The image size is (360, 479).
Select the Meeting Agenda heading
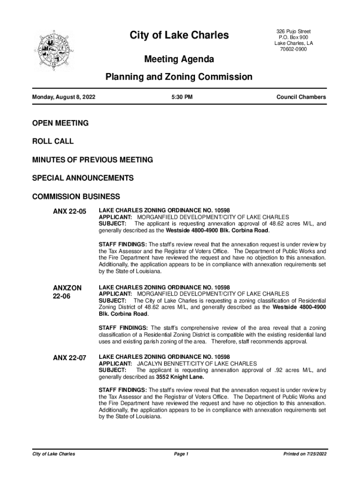point(179,59)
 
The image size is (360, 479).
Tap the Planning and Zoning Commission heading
point(179,77)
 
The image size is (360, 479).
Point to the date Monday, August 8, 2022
point(64,97)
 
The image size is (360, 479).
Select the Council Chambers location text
point(301,97)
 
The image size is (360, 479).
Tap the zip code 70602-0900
point(294,50)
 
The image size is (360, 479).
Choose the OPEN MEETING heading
point(60,123)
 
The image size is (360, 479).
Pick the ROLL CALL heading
point(53,141)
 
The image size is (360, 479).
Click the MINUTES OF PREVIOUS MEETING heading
point(93,160)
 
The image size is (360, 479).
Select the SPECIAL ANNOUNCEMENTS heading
point(83,178)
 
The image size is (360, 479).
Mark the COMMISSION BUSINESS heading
point(76,196)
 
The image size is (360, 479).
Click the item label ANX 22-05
point(70,212)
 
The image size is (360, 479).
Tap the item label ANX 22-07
point(70,358)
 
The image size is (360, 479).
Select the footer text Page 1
point(181,454)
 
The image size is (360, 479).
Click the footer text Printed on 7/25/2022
point(304,454)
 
